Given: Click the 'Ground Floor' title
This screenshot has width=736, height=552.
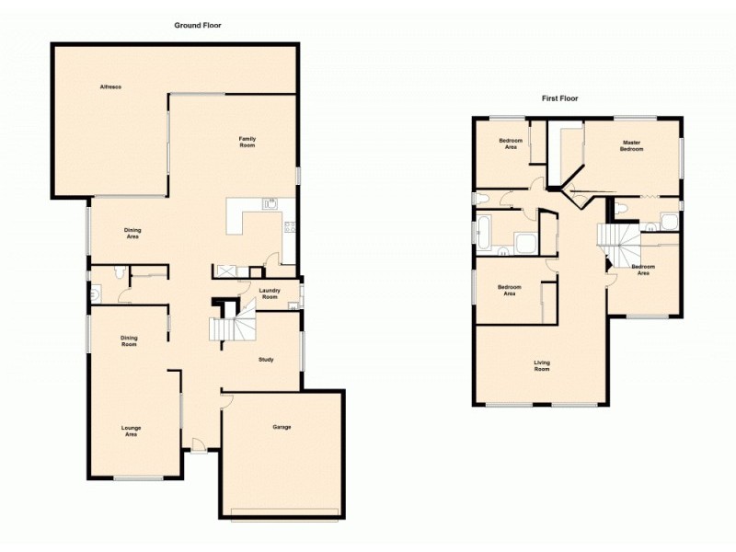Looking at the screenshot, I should coord(198,26).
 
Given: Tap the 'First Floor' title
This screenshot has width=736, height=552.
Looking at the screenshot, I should coord(559,98).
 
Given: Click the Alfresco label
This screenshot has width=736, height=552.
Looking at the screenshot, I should coord(111,86).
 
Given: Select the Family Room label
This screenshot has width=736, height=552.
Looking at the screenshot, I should coord(247,142).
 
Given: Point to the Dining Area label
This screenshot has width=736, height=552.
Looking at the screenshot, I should coord(132,233).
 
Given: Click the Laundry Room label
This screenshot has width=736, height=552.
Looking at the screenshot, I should coord(269,293).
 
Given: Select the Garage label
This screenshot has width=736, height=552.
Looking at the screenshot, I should coord(282,427).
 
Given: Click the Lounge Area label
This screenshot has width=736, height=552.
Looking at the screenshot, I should coord(132,431).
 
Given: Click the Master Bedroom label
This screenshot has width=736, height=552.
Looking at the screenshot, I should coord(631,145).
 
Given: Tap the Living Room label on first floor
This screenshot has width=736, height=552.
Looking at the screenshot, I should coord(542,365).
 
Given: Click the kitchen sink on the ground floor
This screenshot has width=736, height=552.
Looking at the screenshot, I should coord(270,204).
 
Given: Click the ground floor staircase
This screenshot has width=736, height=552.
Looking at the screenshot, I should coord(229,327).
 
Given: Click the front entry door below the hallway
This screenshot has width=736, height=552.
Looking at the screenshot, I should coord(197,448).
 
